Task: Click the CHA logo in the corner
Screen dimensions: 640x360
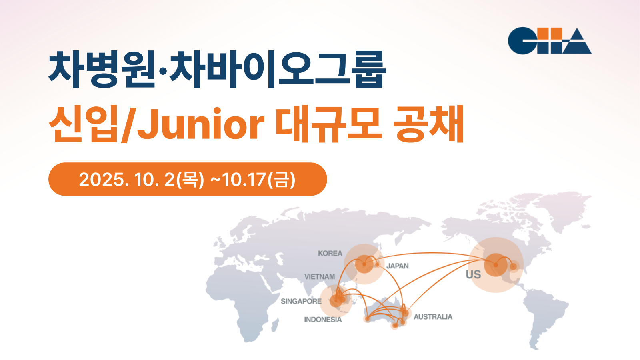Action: coord(550,40)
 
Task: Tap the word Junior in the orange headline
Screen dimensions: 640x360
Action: coord(200,125)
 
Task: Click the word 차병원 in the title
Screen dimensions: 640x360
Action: coord(102,70)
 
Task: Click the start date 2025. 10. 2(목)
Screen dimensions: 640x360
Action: coord(142,180)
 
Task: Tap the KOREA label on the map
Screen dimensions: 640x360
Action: coord(330,254)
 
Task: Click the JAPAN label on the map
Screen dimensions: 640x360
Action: coord(398,266)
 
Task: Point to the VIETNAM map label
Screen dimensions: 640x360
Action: coord(320,277)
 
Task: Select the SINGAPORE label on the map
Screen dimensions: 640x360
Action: coord(301,301)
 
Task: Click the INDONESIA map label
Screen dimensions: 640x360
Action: coord(323,320)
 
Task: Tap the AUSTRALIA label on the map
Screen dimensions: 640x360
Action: coord(433,317)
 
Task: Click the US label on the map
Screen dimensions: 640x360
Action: coord(474,274)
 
